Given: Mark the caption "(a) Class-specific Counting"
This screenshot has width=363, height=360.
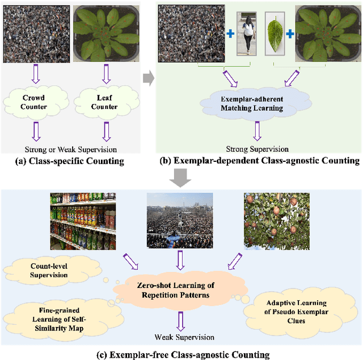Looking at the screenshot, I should point(71,161).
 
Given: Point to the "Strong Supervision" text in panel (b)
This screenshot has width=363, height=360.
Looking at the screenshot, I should point(258,149).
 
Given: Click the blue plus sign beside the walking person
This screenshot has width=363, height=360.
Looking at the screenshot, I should point(230,34).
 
